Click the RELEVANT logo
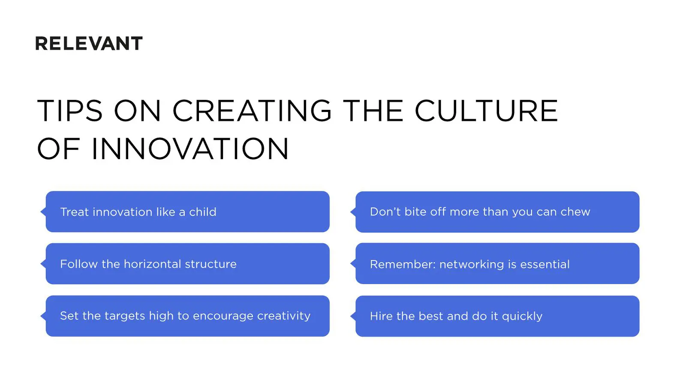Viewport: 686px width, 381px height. point(89,44)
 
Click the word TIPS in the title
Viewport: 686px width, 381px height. point(70,111)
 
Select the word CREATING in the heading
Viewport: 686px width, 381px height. point(252,111)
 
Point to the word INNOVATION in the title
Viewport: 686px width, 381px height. point(190,149)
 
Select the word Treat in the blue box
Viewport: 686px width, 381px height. point(75,212)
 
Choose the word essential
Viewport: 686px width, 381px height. point(545,264)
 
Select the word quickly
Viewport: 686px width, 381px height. point(522,317)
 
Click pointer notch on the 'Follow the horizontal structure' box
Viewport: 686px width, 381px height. point(43,263)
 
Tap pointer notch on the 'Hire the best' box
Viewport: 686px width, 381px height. point(353,316)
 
